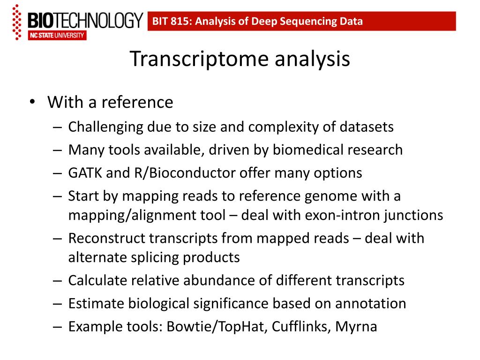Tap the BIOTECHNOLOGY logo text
[x=85, y=21]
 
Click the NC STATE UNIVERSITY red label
[x=57, y=36]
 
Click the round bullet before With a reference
[x=31, y=102]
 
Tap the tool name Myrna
[x=356, y=327]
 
